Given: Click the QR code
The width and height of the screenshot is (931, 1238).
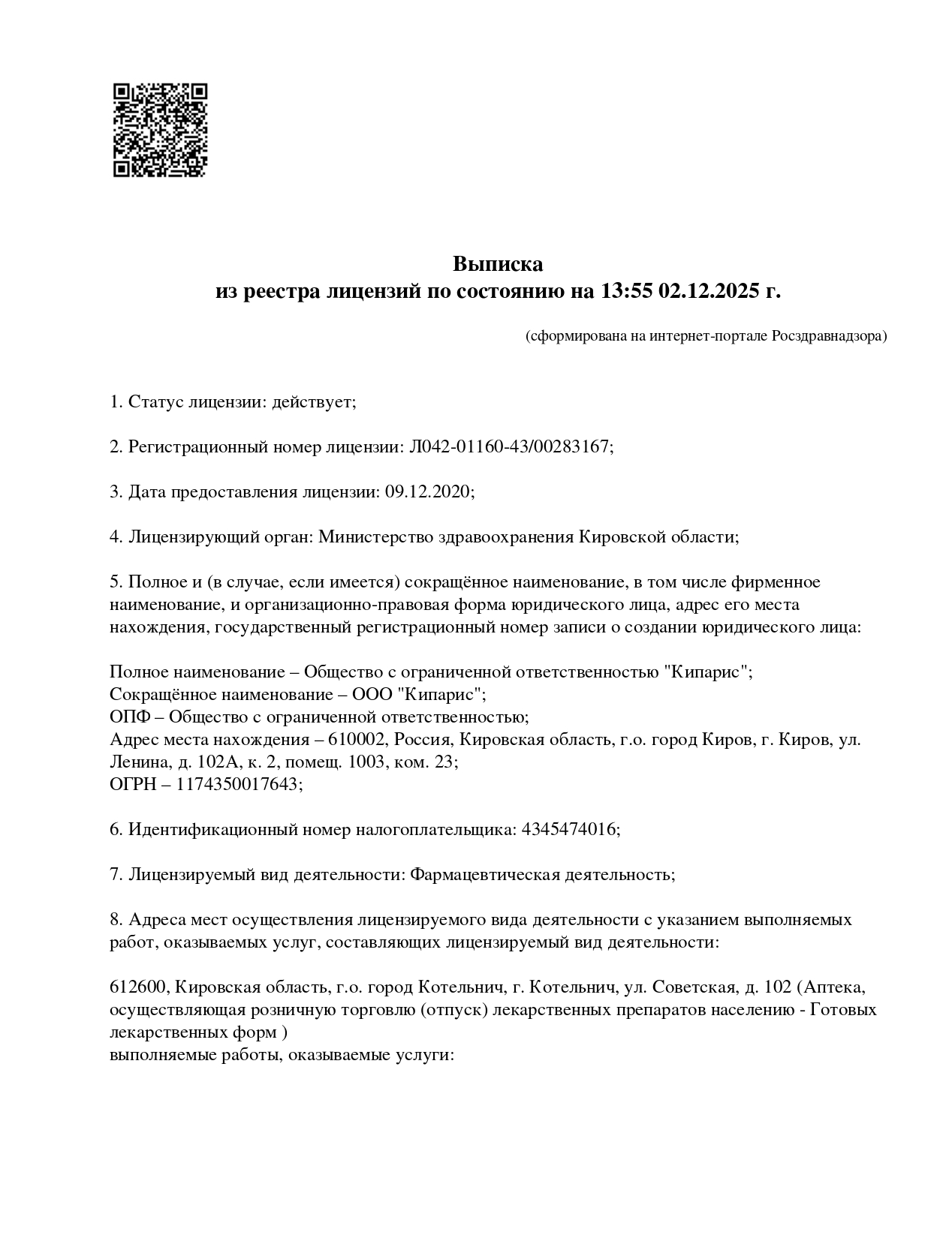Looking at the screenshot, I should point(160,130).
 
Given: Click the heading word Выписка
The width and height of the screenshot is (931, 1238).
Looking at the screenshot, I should point(497,264).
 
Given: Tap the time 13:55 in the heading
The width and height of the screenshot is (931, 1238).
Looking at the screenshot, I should point(625,291).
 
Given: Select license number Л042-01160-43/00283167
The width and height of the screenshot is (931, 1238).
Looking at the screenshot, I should point(508,447).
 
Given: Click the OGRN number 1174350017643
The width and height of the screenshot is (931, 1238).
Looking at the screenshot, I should point(238,784).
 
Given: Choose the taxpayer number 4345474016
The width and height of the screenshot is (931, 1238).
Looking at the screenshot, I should point(568,829).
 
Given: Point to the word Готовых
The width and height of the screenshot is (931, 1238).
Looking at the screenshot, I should point(845,1009).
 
